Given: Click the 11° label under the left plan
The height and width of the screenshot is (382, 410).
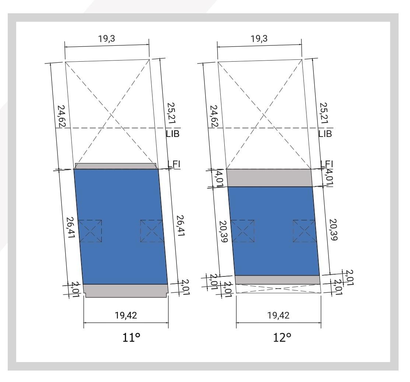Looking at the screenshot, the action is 131,337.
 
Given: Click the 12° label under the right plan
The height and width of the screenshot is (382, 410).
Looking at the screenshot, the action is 282,337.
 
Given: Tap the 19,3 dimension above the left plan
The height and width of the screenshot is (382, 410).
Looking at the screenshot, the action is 107,39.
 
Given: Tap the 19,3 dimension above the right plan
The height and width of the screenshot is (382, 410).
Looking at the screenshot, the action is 259,39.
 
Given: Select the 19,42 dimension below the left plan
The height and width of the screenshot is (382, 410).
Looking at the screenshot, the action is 126,315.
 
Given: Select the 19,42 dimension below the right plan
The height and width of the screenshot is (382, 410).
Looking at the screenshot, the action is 278,315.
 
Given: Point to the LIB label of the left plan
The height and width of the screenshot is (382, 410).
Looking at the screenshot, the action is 172,134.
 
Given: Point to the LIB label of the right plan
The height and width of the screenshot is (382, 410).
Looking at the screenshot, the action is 325,134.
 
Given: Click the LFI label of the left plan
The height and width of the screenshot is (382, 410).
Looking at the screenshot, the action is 174,164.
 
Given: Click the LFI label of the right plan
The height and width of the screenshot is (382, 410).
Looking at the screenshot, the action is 327,164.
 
